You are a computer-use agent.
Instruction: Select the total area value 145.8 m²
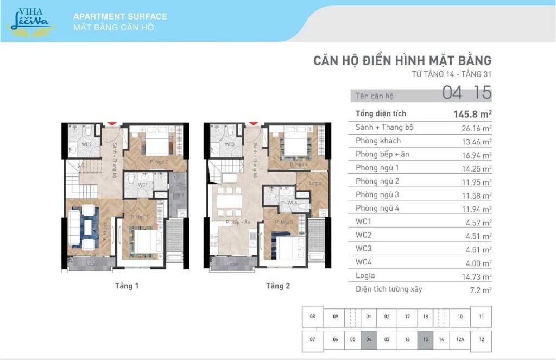(x=472, y=114)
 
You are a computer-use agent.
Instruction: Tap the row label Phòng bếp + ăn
(x=382, y=154)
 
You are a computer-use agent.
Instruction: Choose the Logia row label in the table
(x=365, y=276)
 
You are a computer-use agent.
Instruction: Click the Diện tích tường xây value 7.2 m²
(x=480, y=290)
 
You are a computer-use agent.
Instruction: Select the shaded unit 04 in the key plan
(x=368, y=339)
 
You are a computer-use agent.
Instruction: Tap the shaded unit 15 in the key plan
(x=425, y=339)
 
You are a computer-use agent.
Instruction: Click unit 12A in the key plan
(x=460, y=339)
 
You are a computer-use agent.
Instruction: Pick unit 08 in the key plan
(x=312, y=317)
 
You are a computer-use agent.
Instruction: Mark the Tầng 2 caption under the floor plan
(x=277, y=286)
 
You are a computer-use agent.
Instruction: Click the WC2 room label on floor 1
(x=86, y=144)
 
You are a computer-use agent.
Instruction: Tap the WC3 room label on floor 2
(x=229, y=144)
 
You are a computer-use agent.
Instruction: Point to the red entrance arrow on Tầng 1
(x=112, y=124)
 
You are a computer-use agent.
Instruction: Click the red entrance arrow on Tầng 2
(x=251, y=124)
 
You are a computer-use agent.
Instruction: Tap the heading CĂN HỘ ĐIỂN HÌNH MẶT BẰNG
(x=402, y=60)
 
